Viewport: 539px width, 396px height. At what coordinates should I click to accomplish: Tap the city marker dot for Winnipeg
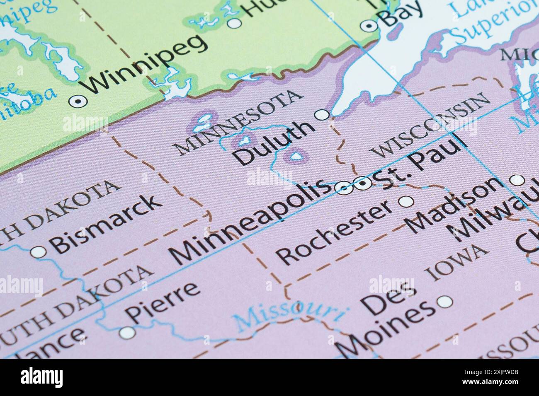pos(77,100)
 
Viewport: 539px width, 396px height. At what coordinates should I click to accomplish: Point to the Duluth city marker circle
pos(322,114)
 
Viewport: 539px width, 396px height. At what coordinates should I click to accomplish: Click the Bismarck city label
pos(106,223)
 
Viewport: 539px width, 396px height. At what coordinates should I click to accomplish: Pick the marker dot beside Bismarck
pos(38,251)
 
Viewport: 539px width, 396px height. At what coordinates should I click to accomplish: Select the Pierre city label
pos(164,302)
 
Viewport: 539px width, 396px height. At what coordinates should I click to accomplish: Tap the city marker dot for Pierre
pos(127,332)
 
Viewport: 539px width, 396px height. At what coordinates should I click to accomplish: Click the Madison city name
pos(454,205)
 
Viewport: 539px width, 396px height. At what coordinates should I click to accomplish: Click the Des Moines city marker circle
pos(445,302)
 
